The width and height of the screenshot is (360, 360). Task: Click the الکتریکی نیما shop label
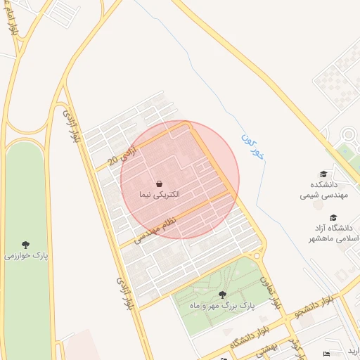tap(160, 193)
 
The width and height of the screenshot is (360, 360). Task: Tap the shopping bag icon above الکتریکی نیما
tap(160, 183)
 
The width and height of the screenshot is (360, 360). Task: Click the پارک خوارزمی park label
tap(26, 256)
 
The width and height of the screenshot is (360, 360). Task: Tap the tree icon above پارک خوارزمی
tap(26, 245)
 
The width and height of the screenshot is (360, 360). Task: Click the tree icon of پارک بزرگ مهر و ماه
tap(223, 295)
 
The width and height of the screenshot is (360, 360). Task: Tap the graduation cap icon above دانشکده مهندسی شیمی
tap(323, 174)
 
